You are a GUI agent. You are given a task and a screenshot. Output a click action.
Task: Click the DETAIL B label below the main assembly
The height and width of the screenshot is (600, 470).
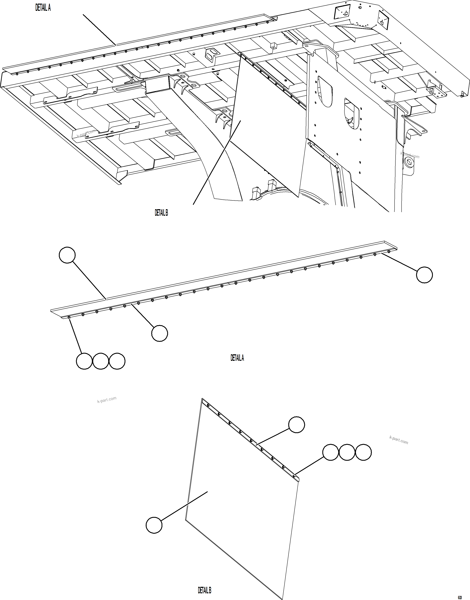click(x=161, y=213)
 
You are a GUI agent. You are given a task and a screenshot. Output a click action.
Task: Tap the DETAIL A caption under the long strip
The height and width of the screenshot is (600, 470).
click(x=237, y=358)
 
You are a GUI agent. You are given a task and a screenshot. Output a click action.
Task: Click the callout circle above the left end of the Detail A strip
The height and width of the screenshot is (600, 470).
click(x=67, y=255)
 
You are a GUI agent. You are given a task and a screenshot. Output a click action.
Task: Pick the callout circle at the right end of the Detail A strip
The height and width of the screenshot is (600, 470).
click(x=424, y=275)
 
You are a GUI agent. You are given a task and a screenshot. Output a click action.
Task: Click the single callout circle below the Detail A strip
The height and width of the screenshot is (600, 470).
click(x=160, y=333)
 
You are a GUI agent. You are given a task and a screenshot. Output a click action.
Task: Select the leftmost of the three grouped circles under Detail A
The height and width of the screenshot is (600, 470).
click(x=84, y=361)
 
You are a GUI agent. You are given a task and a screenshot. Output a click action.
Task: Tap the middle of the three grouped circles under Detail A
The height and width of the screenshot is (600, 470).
click(x=101, y=361)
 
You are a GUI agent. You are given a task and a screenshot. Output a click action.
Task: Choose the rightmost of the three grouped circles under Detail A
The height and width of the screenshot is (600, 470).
click(x=117, y=361)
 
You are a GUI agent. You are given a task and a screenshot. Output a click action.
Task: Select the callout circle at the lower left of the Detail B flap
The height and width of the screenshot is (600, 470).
click(x=154, y=525)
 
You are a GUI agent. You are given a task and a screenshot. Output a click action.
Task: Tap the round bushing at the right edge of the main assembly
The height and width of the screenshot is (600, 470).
click(x=408, y=163)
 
